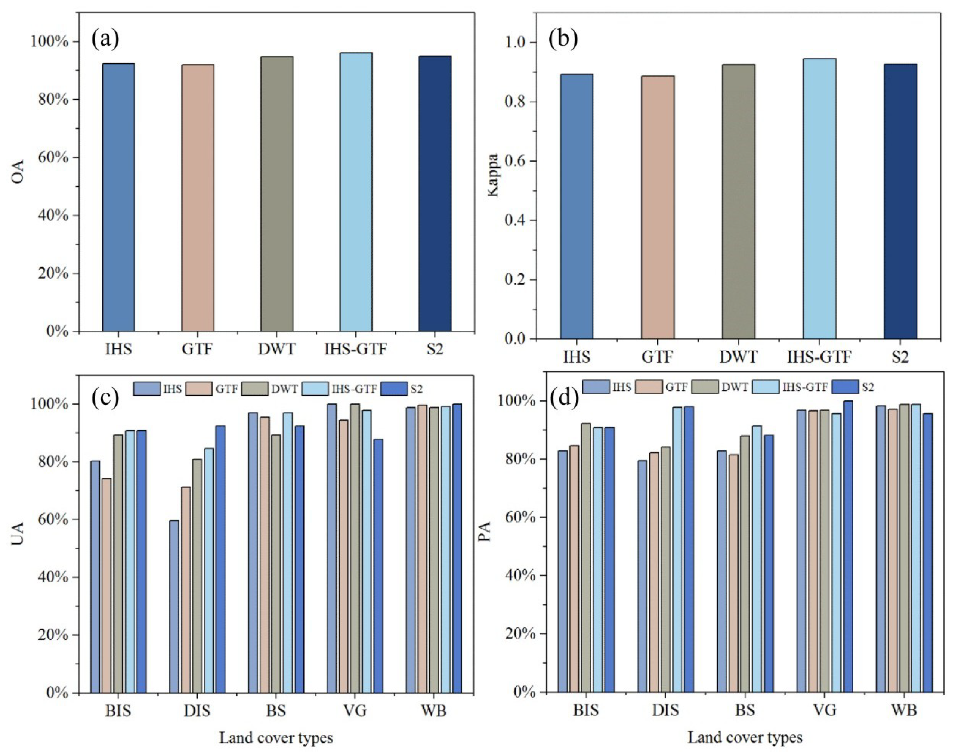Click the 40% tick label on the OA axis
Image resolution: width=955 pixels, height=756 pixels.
(x=50, y=216)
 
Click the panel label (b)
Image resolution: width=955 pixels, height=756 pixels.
(x=563, y=39)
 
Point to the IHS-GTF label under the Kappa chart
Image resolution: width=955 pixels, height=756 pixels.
(x=819, y=356)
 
